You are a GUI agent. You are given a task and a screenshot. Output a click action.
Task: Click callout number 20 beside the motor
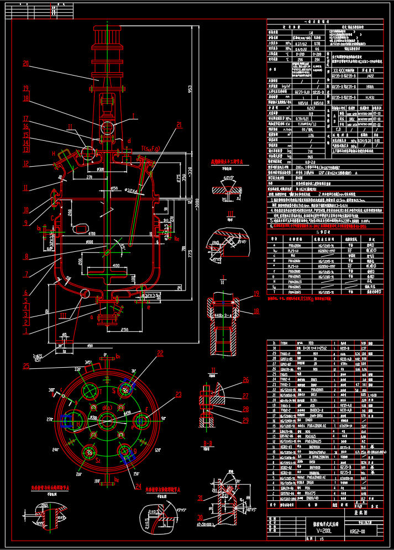click(25, 64)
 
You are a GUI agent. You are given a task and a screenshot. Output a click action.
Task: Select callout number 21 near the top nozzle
click(178, 125)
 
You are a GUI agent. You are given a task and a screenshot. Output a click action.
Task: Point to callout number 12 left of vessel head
click(25, 163)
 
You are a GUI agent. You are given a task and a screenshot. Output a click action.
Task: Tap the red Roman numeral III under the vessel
click(64, 315)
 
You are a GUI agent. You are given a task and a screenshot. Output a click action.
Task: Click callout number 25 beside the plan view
click(26, 366)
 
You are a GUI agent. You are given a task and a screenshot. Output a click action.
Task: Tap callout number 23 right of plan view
click(178, 394)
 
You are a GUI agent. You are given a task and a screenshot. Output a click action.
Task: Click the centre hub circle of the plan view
click(104, 420)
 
